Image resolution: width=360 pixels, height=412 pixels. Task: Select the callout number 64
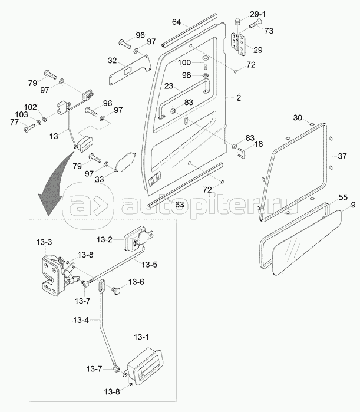[176, 22]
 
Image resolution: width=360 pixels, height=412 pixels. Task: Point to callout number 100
[184, 62]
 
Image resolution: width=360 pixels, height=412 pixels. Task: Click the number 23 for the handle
[169, 86]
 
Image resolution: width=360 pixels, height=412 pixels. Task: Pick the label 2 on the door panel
[239, 97]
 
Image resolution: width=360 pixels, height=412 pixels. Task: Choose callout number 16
[258, 144]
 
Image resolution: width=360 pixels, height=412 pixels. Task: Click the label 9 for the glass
[353, 206]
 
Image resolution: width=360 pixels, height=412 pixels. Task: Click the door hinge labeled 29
[239, 44]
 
